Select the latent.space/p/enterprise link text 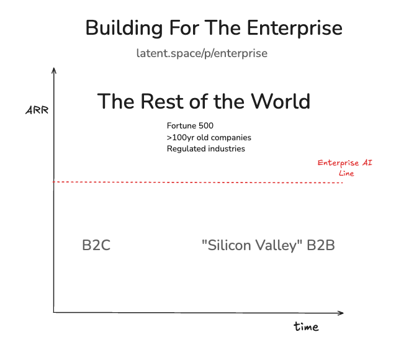(202, 53)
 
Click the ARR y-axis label (36, 111)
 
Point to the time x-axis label (306, 326)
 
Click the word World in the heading (280, 101)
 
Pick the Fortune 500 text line (190, 126)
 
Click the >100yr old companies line (209, 137)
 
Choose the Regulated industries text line (205, 149)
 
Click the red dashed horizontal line (199, 182)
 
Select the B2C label (96, 245)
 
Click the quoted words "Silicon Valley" (252, 245)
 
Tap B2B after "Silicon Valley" (321, 245)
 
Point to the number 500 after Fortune (205, 126)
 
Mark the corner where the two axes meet (54, 311)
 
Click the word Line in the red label (346, 173)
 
